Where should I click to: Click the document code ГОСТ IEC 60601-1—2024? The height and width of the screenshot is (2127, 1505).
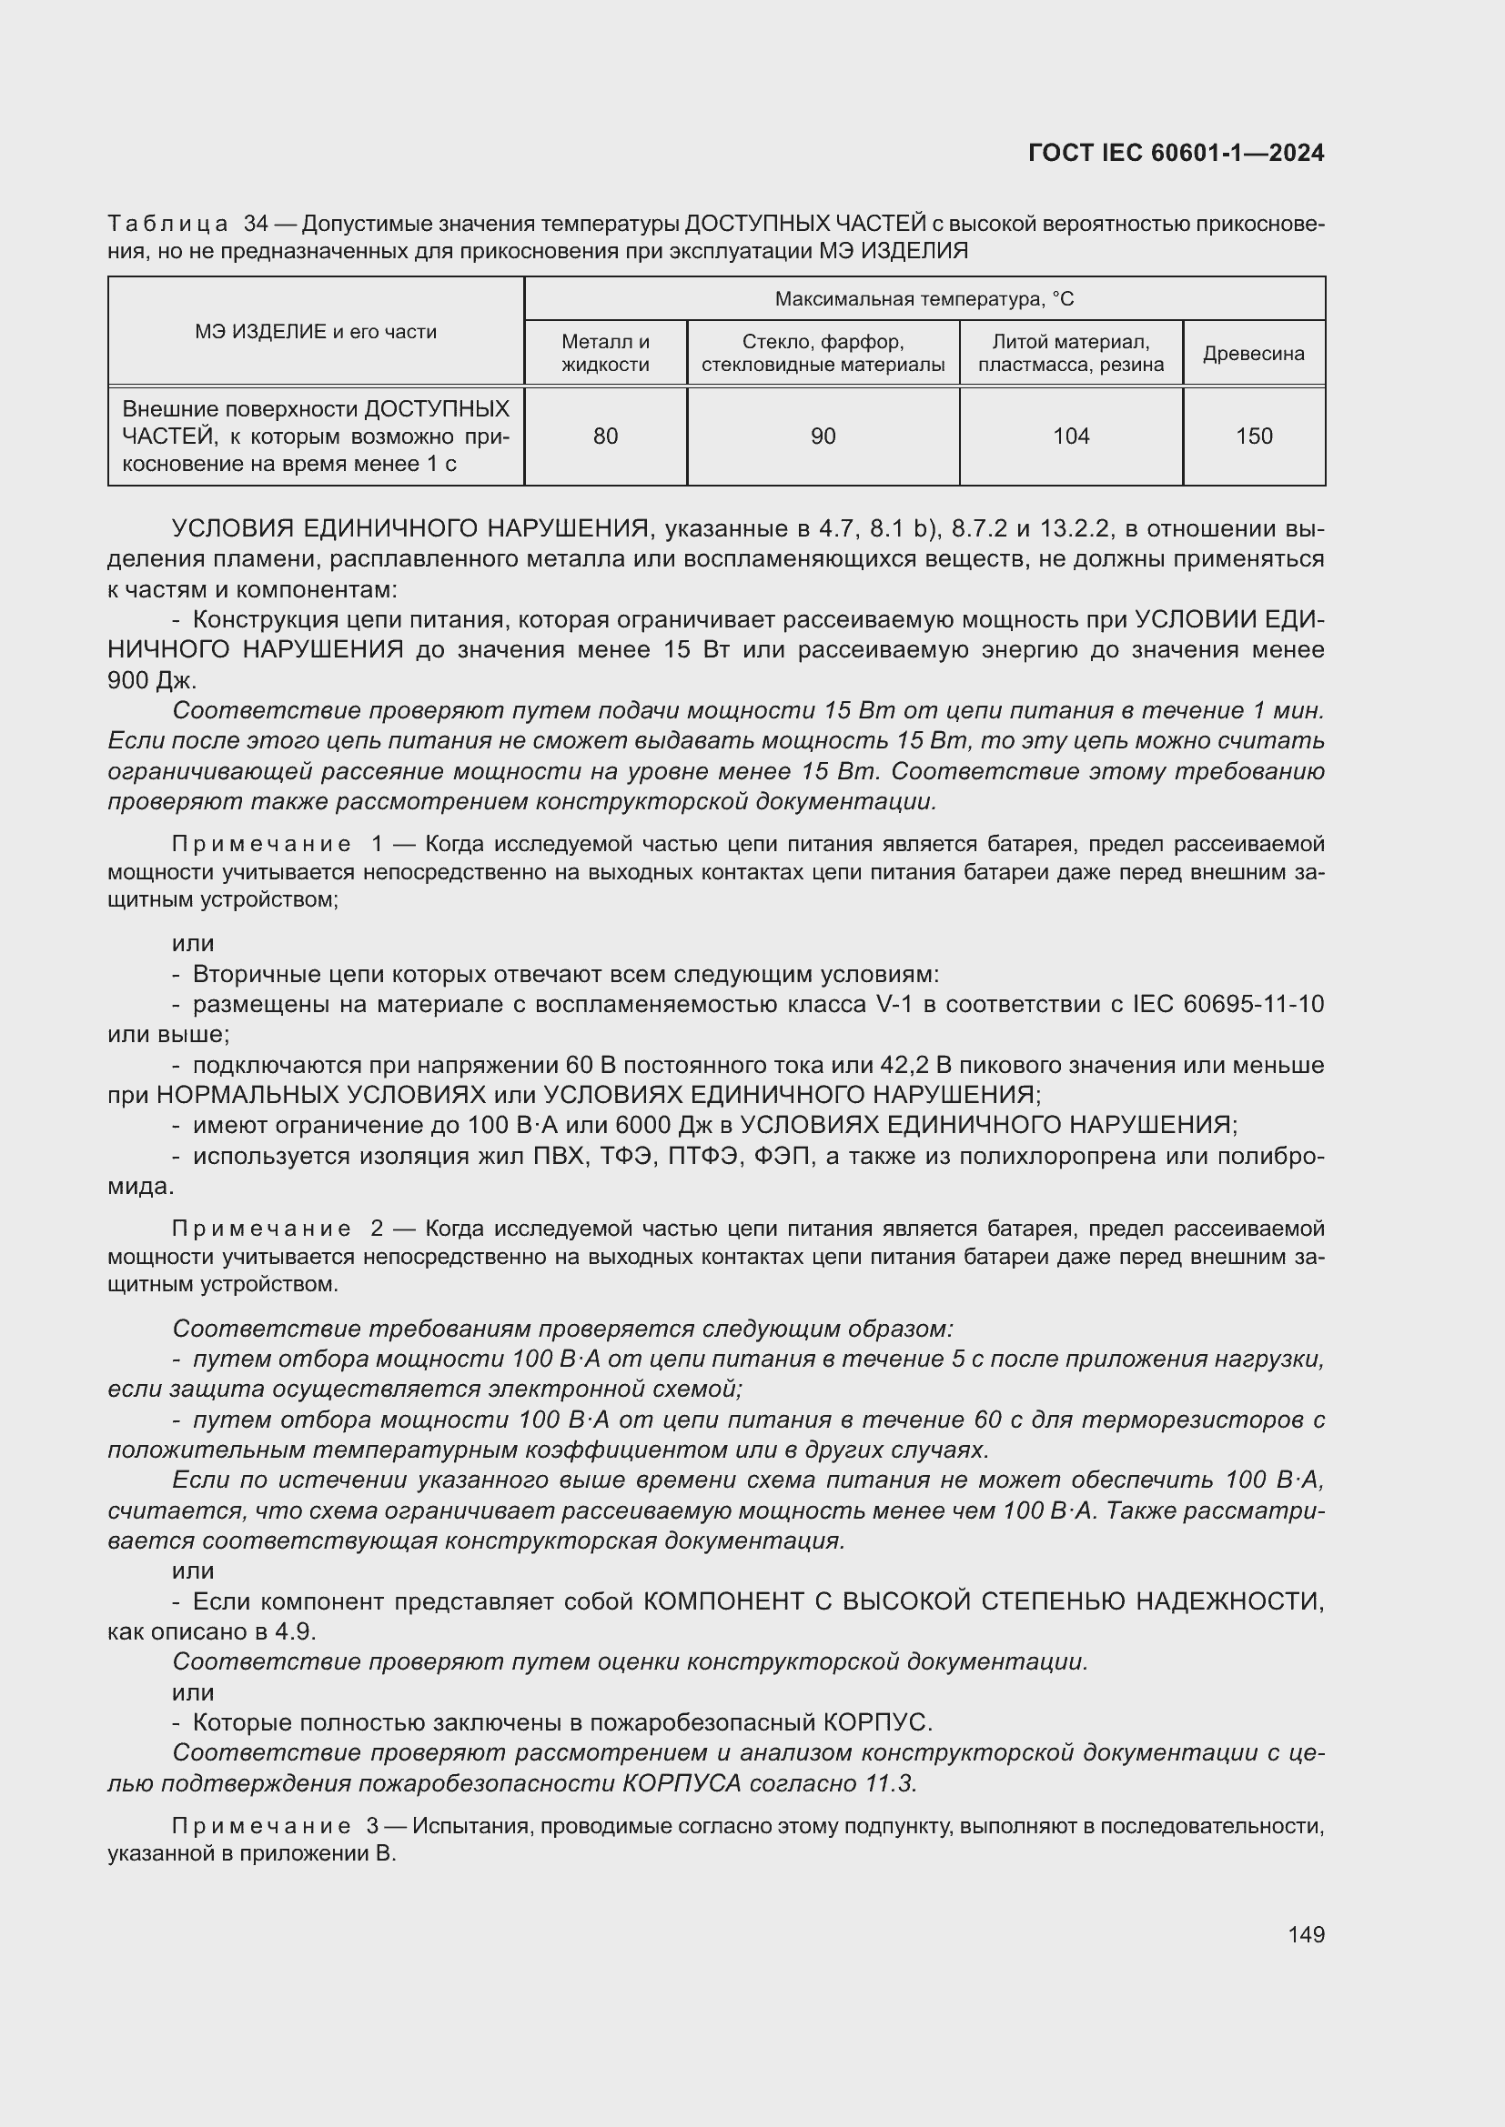(x=1176, y=153)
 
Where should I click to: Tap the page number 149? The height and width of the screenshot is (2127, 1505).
(x=1306, y=1934)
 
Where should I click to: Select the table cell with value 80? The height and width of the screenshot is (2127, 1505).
(x=605, y=436)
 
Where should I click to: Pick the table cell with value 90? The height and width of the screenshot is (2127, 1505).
(x=823, y=436)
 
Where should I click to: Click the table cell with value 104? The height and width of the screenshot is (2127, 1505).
(x=1071, y=436)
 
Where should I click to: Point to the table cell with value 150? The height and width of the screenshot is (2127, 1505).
(x=1254, y=436)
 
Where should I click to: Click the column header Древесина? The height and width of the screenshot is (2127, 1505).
(x=1254, y=353)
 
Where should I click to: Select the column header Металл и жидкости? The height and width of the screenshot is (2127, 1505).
(x=605, y=353)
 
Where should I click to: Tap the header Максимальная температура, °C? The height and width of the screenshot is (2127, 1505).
(x=924, y=299)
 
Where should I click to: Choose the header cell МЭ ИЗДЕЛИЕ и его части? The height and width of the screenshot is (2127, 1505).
(x=315, y=332)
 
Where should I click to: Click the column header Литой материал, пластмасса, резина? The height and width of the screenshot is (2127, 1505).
(x=1071, y=353)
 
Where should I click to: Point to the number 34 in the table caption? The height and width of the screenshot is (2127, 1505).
(x=256, y=225)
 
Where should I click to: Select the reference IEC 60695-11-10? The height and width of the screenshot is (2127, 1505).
(x=1227, y=1004)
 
